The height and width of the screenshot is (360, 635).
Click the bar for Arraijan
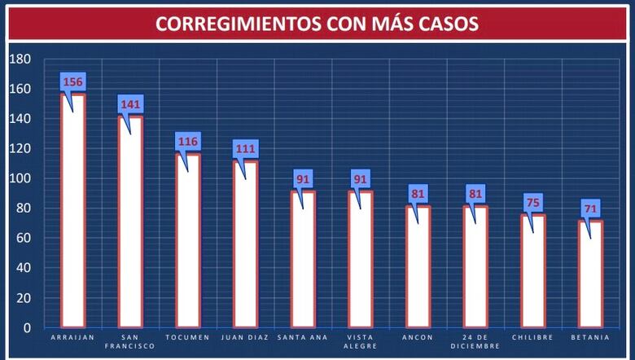pos(73,212)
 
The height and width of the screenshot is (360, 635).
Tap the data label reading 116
pos(188,142)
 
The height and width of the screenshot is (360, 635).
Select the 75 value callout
pos(533,203)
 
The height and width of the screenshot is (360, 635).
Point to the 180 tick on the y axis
pos(20,59)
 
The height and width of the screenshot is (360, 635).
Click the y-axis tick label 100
pos(20,178)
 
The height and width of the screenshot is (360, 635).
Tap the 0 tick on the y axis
pos(26,327)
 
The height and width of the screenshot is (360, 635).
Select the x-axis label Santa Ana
pos(303,337)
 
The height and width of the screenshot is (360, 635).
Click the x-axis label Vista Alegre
pos(361,341)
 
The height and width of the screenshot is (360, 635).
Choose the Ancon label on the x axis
pos(418,337)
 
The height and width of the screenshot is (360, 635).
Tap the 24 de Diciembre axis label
pos(475,341)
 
